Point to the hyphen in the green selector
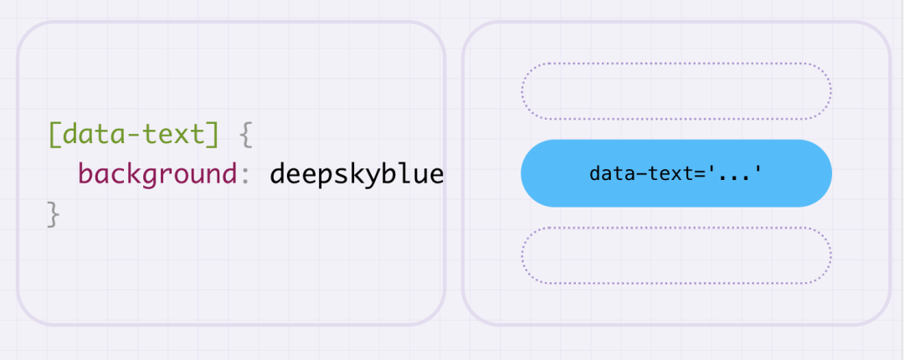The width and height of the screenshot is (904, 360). click(x=134, y=136)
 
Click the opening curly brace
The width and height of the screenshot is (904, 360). click(x=245, y=136)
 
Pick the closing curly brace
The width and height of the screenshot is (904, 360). click(x=54, y=214)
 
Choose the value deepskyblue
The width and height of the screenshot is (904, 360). click(x=357, y=173)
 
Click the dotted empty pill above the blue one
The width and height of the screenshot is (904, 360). click(x=676, y=63)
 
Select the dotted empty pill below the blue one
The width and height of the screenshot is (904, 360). click(x=676, y=228)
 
